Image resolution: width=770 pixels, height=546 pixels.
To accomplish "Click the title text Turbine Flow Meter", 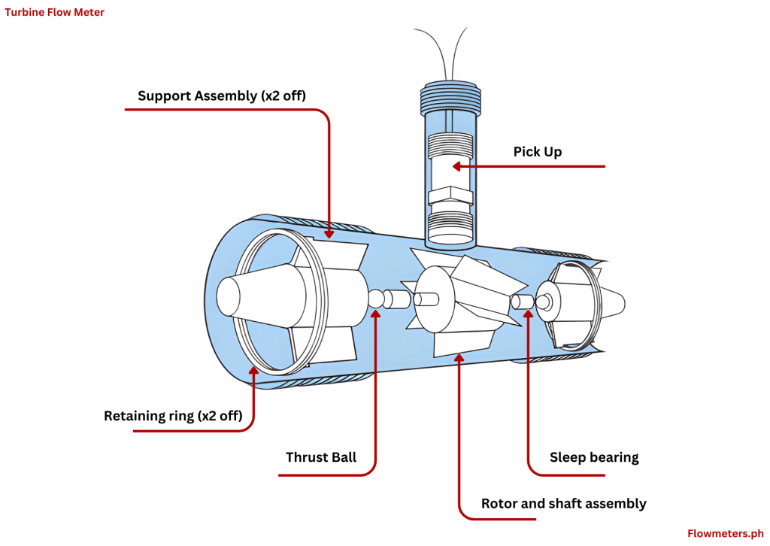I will pyautogui.click(x=55, y=12).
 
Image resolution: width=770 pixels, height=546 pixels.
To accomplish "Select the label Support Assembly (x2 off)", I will pyautogui.click(x=222, y=96).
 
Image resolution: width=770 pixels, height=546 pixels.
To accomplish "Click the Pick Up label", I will pyautogui.click(x=537, y=152).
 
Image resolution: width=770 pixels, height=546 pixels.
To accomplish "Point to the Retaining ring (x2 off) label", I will pyautogui.click(x=173, y=416).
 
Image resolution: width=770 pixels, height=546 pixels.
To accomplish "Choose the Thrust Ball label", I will pyautogui.click(x=321, y=457).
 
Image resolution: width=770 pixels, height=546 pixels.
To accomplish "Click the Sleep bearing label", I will pyautogui.click(x=593, y=457).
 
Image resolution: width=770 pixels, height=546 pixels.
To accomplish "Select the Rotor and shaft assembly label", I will pyautogui.click(x=563, y=503).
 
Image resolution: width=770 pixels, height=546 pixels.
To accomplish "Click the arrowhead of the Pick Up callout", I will pyautogui.click(x=456, y=166).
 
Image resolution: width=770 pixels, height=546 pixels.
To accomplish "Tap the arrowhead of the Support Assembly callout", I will pyautogui.click(x=329, y=234).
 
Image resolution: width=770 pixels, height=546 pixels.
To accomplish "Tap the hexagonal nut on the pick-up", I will pyautogui.click(x=449, y=197).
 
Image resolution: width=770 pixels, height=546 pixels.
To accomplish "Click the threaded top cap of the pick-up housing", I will pyautogui.click(x=448, y=96).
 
